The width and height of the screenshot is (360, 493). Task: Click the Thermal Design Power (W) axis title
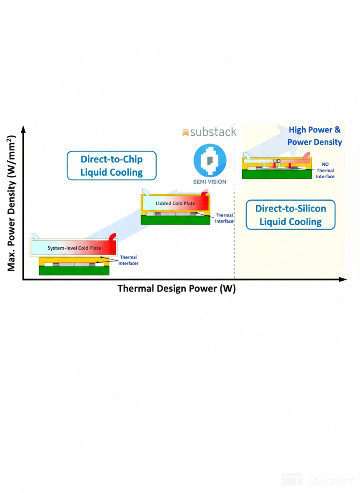[177, 289]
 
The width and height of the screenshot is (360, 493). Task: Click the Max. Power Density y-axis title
[11, 202]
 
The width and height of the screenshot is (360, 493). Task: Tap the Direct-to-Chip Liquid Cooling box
[112, 165]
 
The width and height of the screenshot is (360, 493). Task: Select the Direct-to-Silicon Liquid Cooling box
[290, 215]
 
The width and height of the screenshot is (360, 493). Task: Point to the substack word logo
[209, 132]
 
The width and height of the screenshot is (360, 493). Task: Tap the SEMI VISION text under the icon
[210, 182]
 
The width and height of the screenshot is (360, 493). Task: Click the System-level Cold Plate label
[74, 248]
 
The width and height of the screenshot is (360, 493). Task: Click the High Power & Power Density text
[315, 136]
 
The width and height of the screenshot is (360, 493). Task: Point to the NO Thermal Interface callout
[325, 170]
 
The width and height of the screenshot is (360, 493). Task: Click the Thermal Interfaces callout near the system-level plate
[128, 260]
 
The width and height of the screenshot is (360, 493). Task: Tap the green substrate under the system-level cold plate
[74, 271]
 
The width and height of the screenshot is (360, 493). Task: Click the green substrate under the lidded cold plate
[175, 220]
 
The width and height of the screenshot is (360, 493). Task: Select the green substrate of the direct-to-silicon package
[277, 174]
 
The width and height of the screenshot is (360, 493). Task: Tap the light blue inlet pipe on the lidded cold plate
[145, 192]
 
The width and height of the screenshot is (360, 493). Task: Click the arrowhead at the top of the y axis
[23, 129]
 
